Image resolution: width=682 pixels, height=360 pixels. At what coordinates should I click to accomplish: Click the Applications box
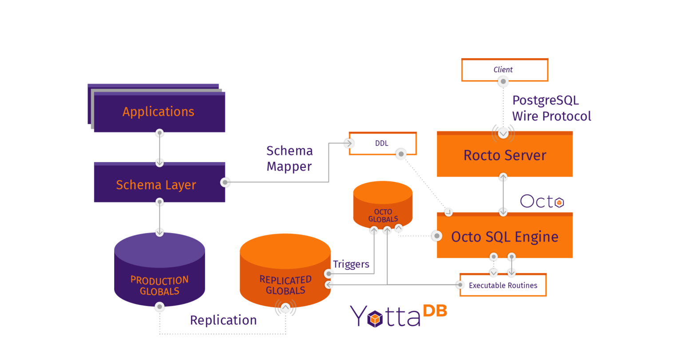(159, 111)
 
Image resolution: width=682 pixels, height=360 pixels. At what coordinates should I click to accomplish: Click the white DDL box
(382, 143)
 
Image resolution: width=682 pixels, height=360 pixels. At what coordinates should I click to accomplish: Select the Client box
(504, 70)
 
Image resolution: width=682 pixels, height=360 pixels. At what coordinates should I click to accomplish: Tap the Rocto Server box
(504, 155)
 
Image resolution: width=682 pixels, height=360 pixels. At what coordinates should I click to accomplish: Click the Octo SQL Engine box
(504, 237)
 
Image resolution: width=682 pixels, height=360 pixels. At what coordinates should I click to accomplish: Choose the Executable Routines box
(503, 285)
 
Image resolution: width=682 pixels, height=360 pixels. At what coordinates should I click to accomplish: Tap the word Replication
(223, 320)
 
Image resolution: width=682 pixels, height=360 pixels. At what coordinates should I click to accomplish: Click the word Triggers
(351, 264)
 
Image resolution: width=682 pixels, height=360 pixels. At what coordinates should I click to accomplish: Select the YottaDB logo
(398, 315)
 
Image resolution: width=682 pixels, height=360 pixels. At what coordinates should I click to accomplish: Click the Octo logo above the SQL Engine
(542, 202)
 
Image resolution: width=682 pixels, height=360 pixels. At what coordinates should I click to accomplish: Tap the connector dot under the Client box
(503, 82)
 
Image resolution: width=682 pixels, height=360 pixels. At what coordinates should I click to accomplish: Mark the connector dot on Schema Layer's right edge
(225, 182)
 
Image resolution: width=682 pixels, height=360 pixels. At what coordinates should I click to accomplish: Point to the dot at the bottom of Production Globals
(159, 307)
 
